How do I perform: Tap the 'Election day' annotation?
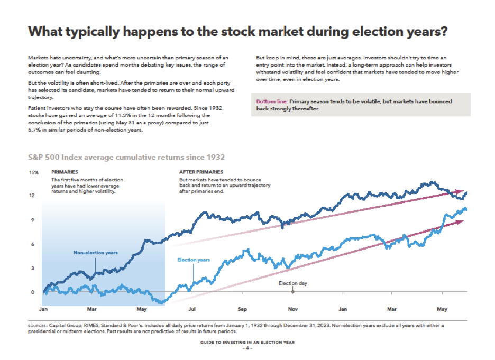293,283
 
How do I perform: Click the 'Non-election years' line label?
95,253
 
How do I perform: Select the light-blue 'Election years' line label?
193,260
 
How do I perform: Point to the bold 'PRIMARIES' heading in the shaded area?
65,172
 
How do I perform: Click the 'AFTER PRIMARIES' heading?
201,172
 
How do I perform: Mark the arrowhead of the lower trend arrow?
461,221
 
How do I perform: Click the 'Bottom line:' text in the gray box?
272,101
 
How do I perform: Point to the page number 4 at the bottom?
247,349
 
